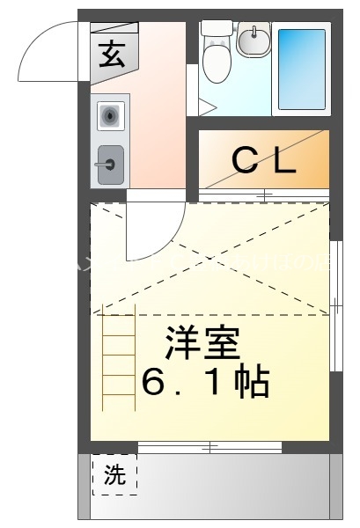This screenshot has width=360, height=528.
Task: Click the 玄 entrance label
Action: (111, 55)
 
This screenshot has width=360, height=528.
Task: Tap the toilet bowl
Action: (216, 62)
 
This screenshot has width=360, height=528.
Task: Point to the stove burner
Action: (110, 114)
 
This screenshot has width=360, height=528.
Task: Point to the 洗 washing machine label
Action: (114, 476)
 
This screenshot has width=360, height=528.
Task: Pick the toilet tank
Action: (216, 28)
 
